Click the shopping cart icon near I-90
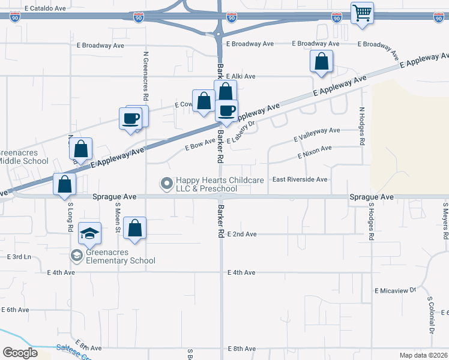pyautogui.click(x=362, y=13)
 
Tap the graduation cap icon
pyautogui.click(x=90, y=233)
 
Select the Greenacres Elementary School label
pyautogui.click(x=120, y=256)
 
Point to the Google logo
pyautogui.click(x=20, y=353)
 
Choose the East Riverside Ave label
pyautogui.click(x=300, y=179)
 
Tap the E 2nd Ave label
pyautogui.click(x=242, y=234)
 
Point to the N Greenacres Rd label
pyautogui.click(x=146, y=76)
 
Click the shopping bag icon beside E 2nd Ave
pyautogui.click(x=135, y=228)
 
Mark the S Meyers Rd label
pyautogui.click(x=445, y=221)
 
